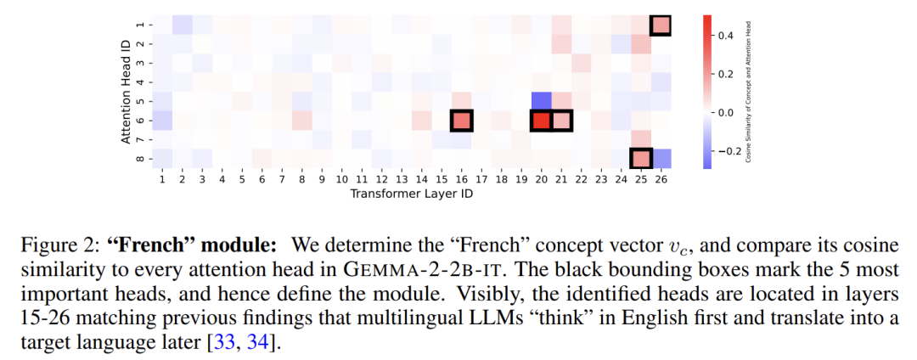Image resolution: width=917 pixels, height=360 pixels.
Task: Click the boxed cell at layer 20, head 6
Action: point(542,121)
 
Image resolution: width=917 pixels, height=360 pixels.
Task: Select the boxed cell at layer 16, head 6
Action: point(461,121)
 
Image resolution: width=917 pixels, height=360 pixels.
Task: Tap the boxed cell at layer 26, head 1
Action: point(661,25)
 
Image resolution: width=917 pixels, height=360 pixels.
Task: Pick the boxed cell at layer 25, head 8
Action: point(640,159)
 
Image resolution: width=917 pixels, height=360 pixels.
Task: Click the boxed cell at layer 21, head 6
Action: point(561,121)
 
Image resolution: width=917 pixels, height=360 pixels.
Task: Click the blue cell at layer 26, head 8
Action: point(661,159)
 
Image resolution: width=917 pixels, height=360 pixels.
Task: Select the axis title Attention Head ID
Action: point(126,92)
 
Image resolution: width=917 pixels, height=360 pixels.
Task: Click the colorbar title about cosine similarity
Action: point(749,92)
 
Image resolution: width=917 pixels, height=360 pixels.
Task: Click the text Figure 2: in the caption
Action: point(65,243)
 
